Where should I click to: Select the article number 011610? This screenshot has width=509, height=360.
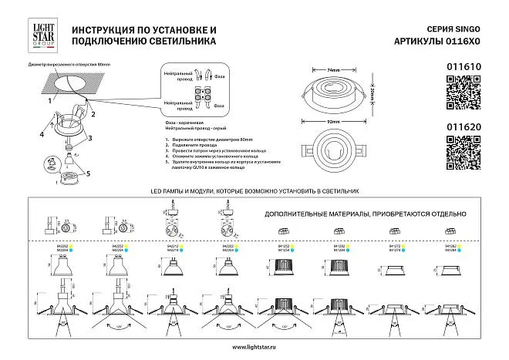tap(463, 68)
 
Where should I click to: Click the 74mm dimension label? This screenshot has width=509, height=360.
tap(334, 71)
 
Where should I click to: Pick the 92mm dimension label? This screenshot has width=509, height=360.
tap(334, 122)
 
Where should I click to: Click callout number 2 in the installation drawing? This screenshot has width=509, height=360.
tap(93, 114)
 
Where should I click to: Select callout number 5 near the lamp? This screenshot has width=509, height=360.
tap(87, 173)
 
